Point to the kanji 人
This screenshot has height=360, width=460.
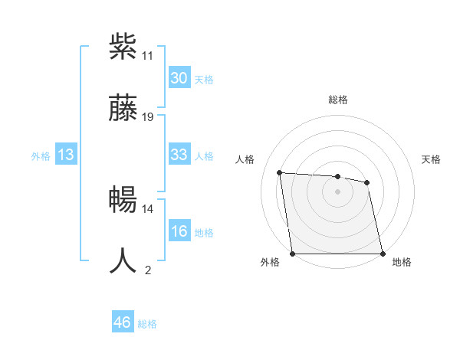[123, 260]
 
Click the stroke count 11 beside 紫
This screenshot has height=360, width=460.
[147, 56]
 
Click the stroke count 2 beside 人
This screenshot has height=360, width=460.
[148, 270]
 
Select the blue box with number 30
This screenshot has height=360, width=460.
[179, 78]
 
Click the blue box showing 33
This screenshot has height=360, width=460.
[179, 155]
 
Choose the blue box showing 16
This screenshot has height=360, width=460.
[179, 231]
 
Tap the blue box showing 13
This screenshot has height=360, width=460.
[65, 155]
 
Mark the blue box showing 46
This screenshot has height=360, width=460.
[122, 322]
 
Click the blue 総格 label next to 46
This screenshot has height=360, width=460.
[147, 324]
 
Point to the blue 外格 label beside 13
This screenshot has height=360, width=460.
[41, 156]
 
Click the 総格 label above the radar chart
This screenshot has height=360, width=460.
[338, 100]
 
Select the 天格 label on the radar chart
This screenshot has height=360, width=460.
[432, 159]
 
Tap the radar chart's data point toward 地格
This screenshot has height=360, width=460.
[383, 254]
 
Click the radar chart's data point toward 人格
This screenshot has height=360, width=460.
[280, 172]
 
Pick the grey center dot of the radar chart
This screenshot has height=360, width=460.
[338, 191]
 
